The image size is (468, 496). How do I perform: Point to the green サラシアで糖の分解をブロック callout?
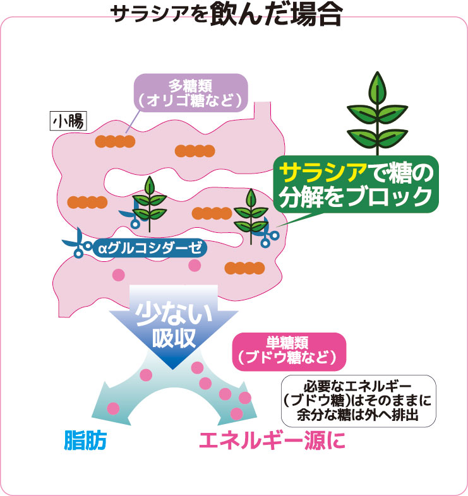tap(356, 185)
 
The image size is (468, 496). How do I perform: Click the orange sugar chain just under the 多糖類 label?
tap(115, 140)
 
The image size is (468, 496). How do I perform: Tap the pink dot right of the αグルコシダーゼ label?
tap(195, 266)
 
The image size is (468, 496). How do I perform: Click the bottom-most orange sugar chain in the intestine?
tap(244, 268)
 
